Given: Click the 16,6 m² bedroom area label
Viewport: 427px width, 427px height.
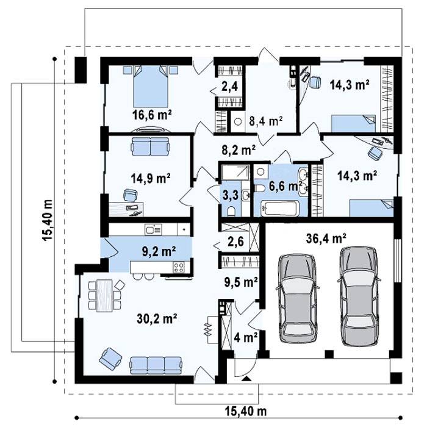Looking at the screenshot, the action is tap(152, 115).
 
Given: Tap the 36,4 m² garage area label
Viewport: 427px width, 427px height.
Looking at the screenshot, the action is tap(326, 239).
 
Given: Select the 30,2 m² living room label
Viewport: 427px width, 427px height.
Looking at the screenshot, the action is tap(157, 318).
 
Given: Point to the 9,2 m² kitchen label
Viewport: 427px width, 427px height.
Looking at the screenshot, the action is tap(159, 251).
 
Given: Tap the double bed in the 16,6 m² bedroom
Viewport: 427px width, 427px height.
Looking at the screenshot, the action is tap(151, 87).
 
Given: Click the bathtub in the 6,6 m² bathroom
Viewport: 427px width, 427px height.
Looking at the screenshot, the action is tap(279, 209).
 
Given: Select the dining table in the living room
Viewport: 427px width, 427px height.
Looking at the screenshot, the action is tap(104, 295).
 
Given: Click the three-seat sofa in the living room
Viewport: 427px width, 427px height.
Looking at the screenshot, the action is tap(156, 365).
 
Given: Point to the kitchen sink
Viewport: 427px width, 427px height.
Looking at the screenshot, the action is tap(153, 229).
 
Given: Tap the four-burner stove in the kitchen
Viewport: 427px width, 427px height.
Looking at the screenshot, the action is tap(178, 267).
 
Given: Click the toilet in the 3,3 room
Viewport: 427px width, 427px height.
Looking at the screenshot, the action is tap(232, 211).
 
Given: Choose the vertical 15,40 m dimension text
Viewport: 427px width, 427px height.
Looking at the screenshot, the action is tap(47, 220).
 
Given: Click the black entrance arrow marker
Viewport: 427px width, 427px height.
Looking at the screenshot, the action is tap(246, 378).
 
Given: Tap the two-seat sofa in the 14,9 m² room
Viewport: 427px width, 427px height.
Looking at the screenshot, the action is tap(150, 146).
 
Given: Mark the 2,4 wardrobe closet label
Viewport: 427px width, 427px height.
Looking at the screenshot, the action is tap(229, 87).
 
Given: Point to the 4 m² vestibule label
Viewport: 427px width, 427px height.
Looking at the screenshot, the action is tap(246, 338).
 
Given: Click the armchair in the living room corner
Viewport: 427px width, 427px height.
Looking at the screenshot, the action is tap(110, 359).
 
